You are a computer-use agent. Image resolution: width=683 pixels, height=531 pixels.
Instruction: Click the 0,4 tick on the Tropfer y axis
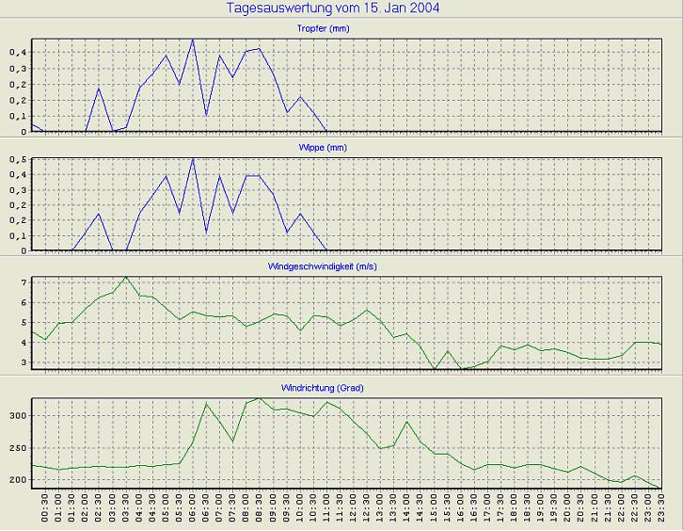pos(19,53)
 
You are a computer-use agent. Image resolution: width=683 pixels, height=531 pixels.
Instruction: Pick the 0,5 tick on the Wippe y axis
pos(19,160)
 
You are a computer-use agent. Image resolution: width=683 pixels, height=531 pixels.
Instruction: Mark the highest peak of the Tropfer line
pos(193,40)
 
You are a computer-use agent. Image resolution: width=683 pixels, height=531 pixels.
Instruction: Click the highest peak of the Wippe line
pos(193,158)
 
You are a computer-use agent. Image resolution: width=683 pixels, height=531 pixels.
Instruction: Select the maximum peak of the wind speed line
pos(126,277)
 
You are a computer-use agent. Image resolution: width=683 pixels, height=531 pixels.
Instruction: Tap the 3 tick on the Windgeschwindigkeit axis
pos(24,362)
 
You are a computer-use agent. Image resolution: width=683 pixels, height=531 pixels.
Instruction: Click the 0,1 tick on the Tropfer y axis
pos(19,116)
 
